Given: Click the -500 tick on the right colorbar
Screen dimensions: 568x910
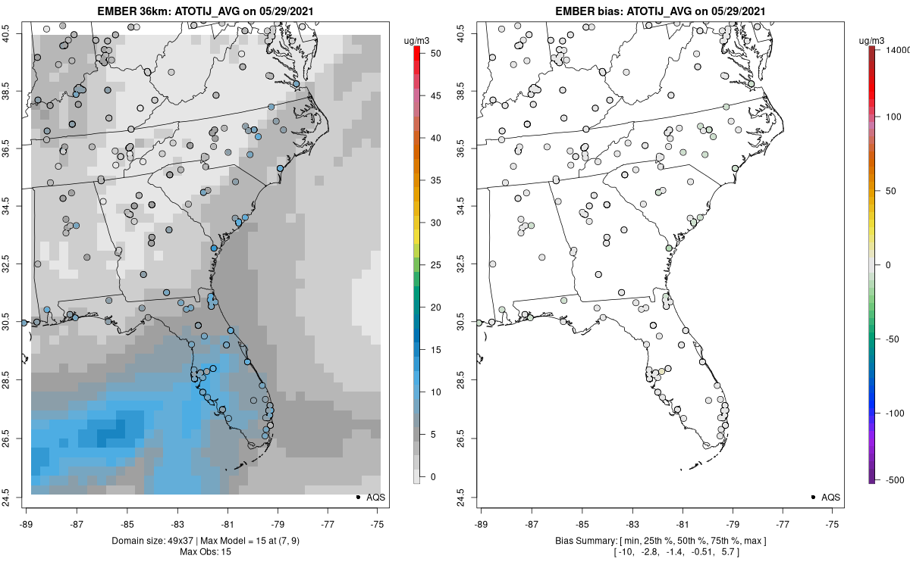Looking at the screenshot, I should click(x=896, y=480).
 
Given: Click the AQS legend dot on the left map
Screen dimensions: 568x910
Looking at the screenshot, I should click(x=358, y=497).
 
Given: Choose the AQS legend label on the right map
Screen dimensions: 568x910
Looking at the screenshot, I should click(x=830, y=497).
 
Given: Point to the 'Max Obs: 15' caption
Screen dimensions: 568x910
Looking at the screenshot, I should click(x=205, y=551).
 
